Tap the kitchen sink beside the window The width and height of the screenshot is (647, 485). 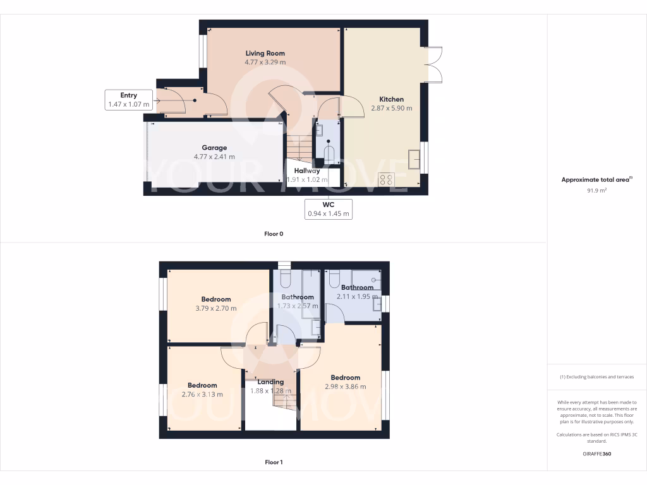point(414,159)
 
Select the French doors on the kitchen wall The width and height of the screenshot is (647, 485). point(435,64)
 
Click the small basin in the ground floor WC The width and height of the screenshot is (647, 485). point(318,130)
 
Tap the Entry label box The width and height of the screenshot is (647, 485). point(128,100)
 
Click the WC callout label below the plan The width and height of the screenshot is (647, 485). point(328,209)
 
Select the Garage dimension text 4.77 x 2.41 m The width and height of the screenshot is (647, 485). point(214,157)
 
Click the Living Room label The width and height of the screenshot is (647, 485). point(265,54)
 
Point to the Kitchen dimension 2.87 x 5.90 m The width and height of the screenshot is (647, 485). point(391,108)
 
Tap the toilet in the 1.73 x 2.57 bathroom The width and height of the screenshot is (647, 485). point(285,278)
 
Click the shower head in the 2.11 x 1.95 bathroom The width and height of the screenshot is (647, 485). point(375,278)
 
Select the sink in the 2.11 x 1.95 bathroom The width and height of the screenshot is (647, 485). point(377,304)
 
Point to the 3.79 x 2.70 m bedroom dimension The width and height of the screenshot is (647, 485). point(215,308)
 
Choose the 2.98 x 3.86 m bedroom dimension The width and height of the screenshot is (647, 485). point(345,386)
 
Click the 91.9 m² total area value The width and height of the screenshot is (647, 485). point(596,189)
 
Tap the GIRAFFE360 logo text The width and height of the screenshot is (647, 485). point(596,453)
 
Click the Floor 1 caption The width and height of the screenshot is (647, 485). point(273,462)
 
